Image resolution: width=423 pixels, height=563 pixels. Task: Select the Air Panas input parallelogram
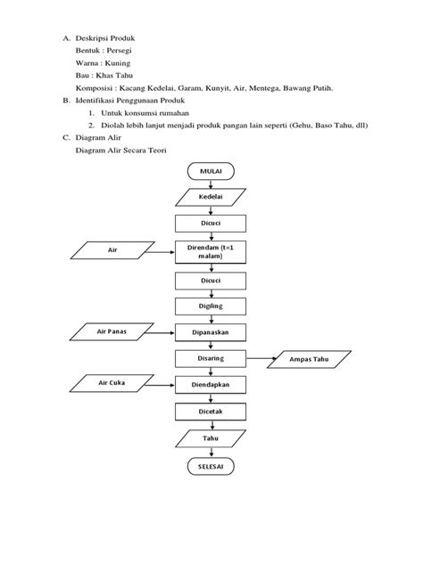pos(112,332)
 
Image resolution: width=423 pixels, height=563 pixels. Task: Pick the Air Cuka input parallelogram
pos(112,385)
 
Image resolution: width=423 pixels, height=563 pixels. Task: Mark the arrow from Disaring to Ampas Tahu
pos(260,359)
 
